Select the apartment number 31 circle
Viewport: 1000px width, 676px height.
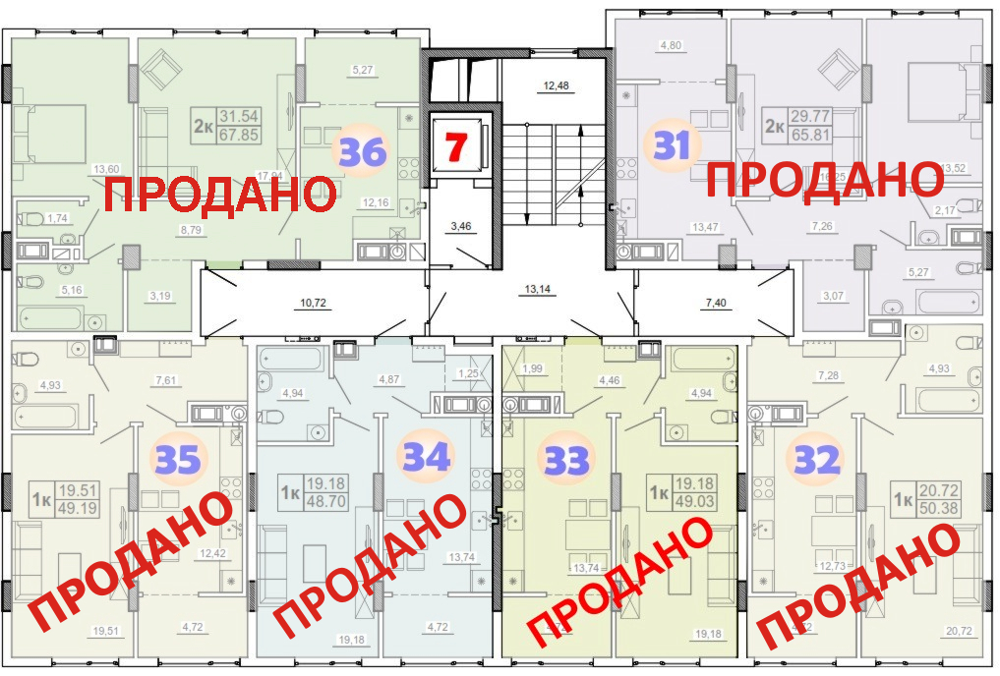[x=672, y=146]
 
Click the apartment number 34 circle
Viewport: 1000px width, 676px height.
[x=426, y=457]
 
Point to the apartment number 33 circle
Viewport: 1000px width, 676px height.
[x=567, y=459]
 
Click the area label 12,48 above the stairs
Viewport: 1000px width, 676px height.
[x=557, y=85]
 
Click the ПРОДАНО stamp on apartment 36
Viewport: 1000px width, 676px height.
[x=216, y=194]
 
